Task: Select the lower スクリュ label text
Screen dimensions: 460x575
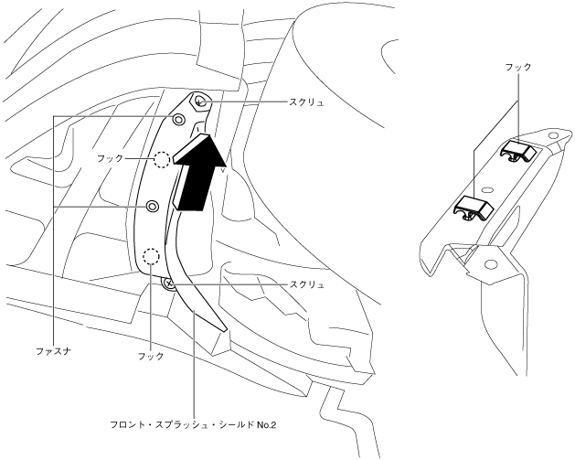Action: click(x=306, y=285)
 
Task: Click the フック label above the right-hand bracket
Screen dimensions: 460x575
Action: click(x=517, y=67)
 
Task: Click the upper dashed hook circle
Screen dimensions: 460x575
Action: click(x=162, y=160)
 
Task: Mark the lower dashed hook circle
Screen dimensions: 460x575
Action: click(x=152, y=256)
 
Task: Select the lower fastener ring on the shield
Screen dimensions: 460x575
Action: click(x=153, y=207)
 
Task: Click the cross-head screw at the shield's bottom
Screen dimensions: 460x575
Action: click(x=168, y=284)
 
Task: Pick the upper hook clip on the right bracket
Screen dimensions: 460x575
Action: click(x=520, y=149)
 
